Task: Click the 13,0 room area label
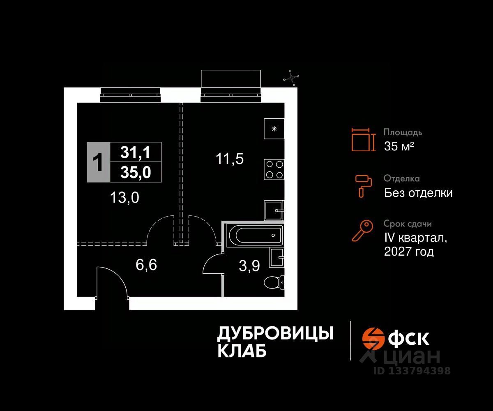(x=124, y=198)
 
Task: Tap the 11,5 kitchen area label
(x=230, y=158)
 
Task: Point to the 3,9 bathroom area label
(x=249, y=266)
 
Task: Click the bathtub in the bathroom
(x=253, y=236)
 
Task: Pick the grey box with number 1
(x=98, y=162)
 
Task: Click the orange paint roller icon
(x=364, y=185)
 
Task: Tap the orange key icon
(x=362, y=231)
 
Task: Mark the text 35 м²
(x=399, y=146)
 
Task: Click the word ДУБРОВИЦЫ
(x=275, y=334)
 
